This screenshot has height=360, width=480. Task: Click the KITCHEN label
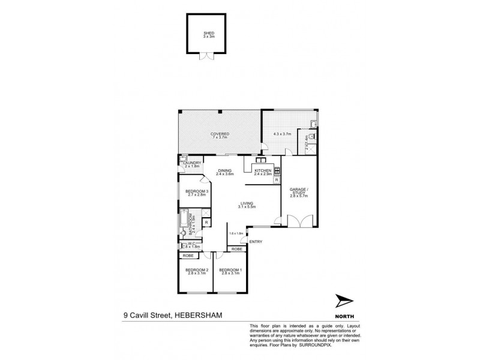point(263,170)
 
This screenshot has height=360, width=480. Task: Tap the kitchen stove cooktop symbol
point(278,170)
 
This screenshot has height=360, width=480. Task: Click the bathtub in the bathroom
point(182,224)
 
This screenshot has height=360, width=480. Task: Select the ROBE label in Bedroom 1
point(237,248)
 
